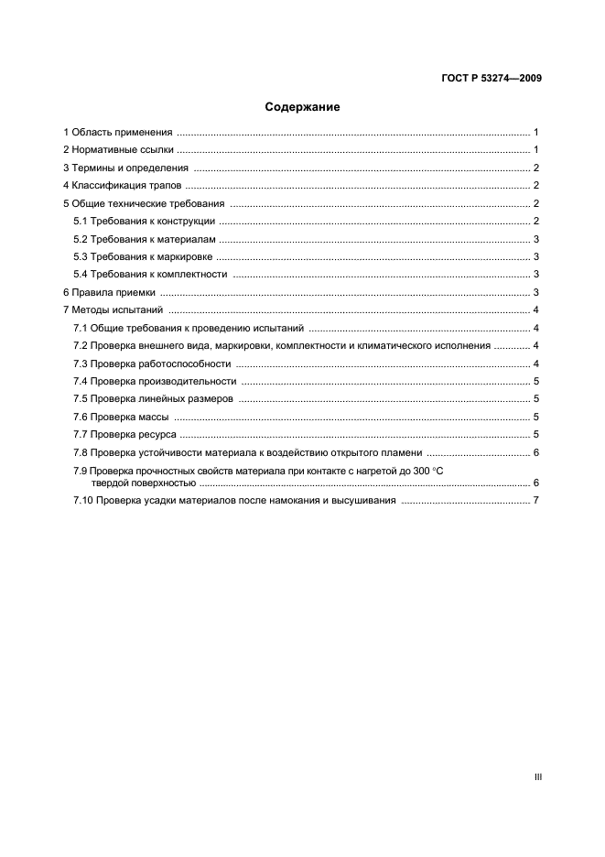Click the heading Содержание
click(302, 107)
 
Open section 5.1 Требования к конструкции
click(144, 222)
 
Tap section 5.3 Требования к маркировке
click(143, 257)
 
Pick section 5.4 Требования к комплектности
click(150, 275)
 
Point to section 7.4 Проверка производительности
click(155, 381)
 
